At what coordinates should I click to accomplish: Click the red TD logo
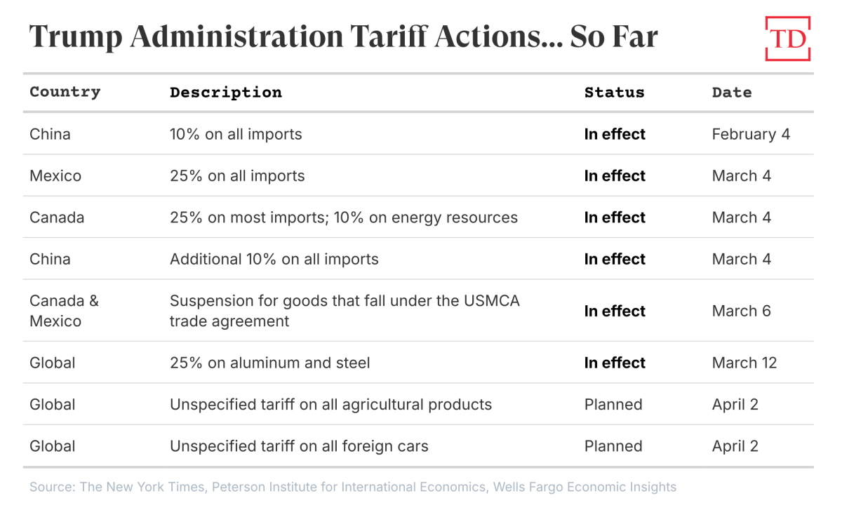point(787,39)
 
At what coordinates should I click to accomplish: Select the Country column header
point(65,92)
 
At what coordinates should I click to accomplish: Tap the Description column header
point(226,93)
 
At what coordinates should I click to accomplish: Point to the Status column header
point(614,93)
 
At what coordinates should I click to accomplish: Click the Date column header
point(731,93)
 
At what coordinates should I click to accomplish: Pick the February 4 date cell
point(751,134)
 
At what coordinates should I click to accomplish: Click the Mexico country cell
point(55,175)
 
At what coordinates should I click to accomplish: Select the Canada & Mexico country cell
point(64,311)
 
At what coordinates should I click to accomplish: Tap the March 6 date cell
point(741,311)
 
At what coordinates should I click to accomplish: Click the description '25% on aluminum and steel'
point(270,363)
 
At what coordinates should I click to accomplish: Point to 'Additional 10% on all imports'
point(274,259)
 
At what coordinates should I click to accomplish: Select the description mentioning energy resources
point(344,217)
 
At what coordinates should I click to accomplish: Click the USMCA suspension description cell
point(345,311)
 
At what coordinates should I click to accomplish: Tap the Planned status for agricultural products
point(613,404)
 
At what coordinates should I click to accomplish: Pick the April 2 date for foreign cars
point(735,445)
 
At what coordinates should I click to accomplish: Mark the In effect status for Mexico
point(615,175)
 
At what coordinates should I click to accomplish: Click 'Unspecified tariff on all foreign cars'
point(299,445)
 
